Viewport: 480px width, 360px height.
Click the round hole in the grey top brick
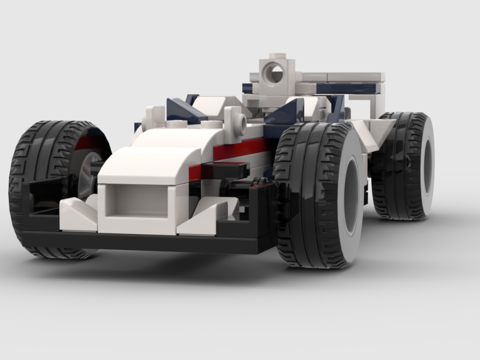(x=276, y=74)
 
